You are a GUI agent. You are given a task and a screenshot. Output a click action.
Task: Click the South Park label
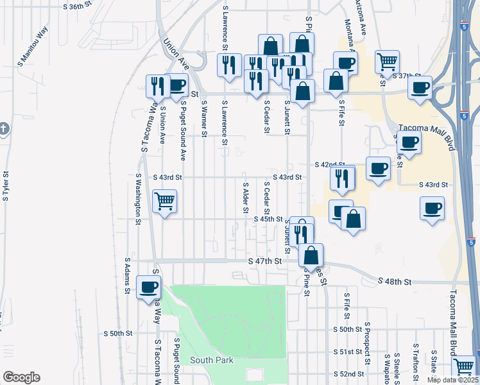211,361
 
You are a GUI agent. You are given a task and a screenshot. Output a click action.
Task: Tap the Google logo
21,377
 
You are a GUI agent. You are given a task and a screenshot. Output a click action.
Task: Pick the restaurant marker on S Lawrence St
228,65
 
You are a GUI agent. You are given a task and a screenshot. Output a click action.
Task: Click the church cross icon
3,129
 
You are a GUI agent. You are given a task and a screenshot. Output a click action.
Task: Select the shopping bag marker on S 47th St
311,255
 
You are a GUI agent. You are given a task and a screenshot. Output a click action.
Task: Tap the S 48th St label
394,282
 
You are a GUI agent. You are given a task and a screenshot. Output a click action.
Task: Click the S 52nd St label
348,373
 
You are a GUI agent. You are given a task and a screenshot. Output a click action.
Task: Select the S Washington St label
138,198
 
